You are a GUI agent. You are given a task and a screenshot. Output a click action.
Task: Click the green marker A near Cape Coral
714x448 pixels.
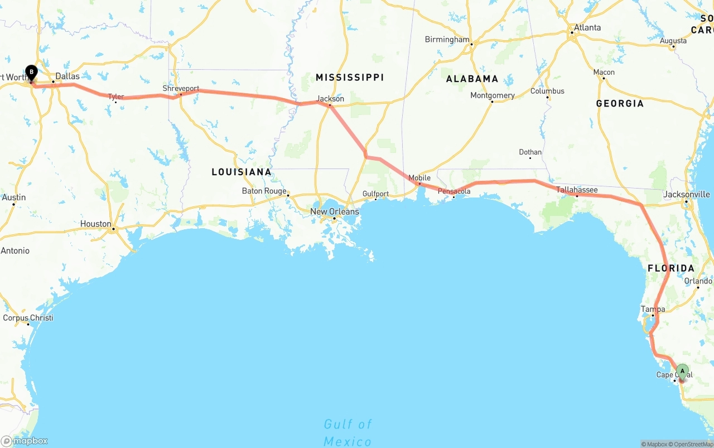click(682, 371)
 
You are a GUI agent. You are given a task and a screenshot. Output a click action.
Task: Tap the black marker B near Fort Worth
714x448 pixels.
click(32, 73)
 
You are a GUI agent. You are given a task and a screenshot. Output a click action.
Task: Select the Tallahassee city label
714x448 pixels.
click(577, 190)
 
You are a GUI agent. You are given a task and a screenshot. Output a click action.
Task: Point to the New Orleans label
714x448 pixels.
click(335, 211)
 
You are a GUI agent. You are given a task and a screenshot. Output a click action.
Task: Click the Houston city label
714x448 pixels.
click(95, 224)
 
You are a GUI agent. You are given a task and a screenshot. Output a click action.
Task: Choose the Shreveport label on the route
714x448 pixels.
click(181, 89)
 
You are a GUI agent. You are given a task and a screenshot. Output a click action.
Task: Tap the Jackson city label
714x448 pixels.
click(330, 99)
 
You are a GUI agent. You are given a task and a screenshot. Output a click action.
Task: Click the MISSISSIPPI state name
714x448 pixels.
click(350, 77)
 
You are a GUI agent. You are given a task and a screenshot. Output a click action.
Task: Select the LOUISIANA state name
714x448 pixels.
click(242, 172)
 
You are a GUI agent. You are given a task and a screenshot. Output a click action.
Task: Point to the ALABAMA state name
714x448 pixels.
click(472, 79)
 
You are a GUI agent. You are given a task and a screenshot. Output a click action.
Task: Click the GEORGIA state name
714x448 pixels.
click(619, 103)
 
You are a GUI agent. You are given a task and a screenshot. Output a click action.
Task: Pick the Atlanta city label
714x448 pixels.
click(587, 27)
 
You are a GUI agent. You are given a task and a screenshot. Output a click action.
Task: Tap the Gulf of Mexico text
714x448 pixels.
click(348, 433)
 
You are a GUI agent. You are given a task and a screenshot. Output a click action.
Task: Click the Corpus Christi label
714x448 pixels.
click(28, 317)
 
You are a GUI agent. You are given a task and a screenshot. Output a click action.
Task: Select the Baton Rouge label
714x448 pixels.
click(264, 191)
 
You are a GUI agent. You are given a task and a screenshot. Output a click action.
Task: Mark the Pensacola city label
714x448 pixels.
click(454, 191)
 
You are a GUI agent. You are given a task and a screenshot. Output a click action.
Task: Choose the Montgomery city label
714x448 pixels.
click(493, 95)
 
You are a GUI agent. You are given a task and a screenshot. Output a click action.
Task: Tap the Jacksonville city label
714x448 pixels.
click(687, 194)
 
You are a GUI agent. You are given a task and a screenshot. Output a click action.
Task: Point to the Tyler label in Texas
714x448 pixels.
click(115, 97)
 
